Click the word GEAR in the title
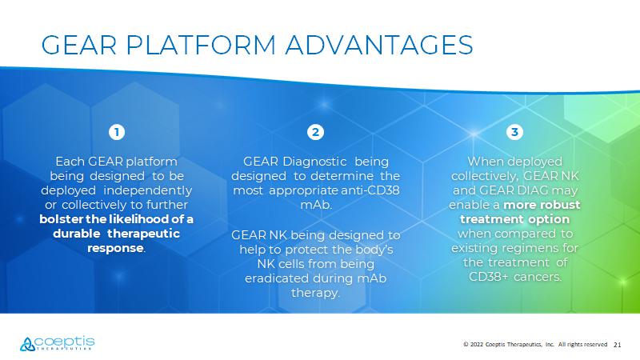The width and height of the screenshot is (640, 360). point(79,45)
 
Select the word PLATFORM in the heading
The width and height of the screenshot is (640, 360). point(201,45)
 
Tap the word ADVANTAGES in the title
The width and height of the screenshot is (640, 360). point(379,45)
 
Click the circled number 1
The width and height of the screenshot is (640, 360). point(117,132)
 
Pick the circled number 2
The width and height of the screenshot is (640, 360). point(315,132)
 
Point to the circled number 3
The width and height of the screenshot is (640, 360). point(514,132)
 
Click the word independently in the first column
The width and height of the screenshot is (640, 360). point(147,190)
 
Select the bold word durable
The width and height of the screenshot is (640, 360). point(77,234)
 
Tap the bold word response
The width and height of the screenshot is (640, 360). point(115,248)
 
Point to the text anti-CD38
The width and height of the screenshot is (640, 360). point(370,190)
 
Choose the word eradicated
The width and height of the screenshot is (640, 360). point(277,278)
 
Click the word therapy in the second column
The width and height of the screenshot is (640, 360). point(314,293)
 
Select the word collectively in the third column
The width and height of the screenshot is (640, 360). point(485,176)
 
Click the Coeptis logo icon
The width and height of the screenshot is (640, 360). point(27,344)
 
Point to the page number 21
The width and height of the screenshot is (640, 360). point(617,345)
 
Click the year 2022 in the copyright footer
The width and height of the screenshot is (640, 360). point(476,345)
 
